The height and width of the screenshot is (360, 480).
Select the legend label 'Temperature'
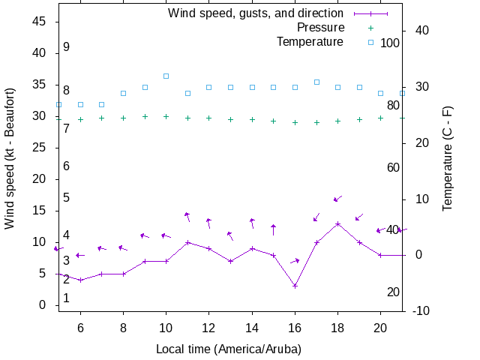tap(310, 41)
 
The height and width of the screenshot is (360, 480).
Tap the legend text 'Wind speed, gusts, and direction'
tap(255, 13)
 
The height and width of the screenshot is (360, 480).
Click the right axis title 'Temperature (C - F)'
tap(448, 157)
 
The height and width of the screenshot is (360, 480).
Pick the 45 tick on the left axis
tap(40, 22)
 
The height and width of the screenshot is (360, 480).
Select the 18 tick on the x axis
tap(337, 327)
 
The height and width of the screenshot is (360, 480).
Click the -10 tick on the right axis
tap(421, 310)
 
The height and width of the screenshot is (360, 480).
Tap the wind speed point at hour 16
tap(295, 286)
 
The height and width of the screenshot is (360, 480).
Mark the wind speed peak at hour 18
tap(338, 223)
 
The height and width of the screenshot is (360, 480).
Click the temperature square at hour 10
tap(166, 76)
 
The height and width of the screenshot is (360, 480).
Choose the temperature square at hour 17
tap(316, 82)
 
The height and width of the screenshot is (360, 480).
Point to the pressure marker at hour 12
tap(209, 118)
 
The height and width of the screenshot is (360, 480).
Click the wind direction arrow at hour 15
tap(274, 229)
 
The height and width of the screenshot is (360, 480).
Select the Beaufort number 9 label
tap(66, 46)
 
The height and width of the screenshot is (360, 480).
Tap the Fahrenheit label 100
tap(390, 43)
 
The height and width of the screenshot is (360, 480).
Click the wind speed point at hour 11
tap(187, 242)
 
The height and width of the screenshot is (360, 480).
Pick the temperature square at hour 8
tap(124, 93)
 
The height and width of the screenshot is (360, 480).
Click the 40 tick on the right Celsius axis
tap(421, 30)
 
